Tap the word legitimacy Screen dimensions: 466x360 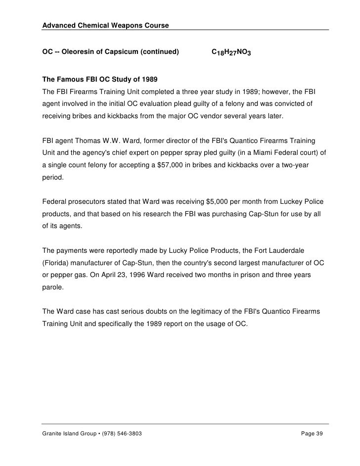coord(187,313)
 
